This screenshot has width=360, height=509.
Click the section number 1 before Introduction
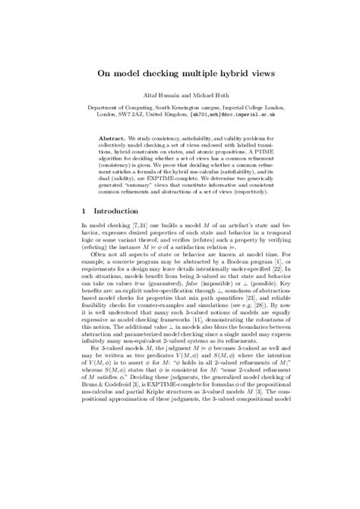[84, 210]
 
